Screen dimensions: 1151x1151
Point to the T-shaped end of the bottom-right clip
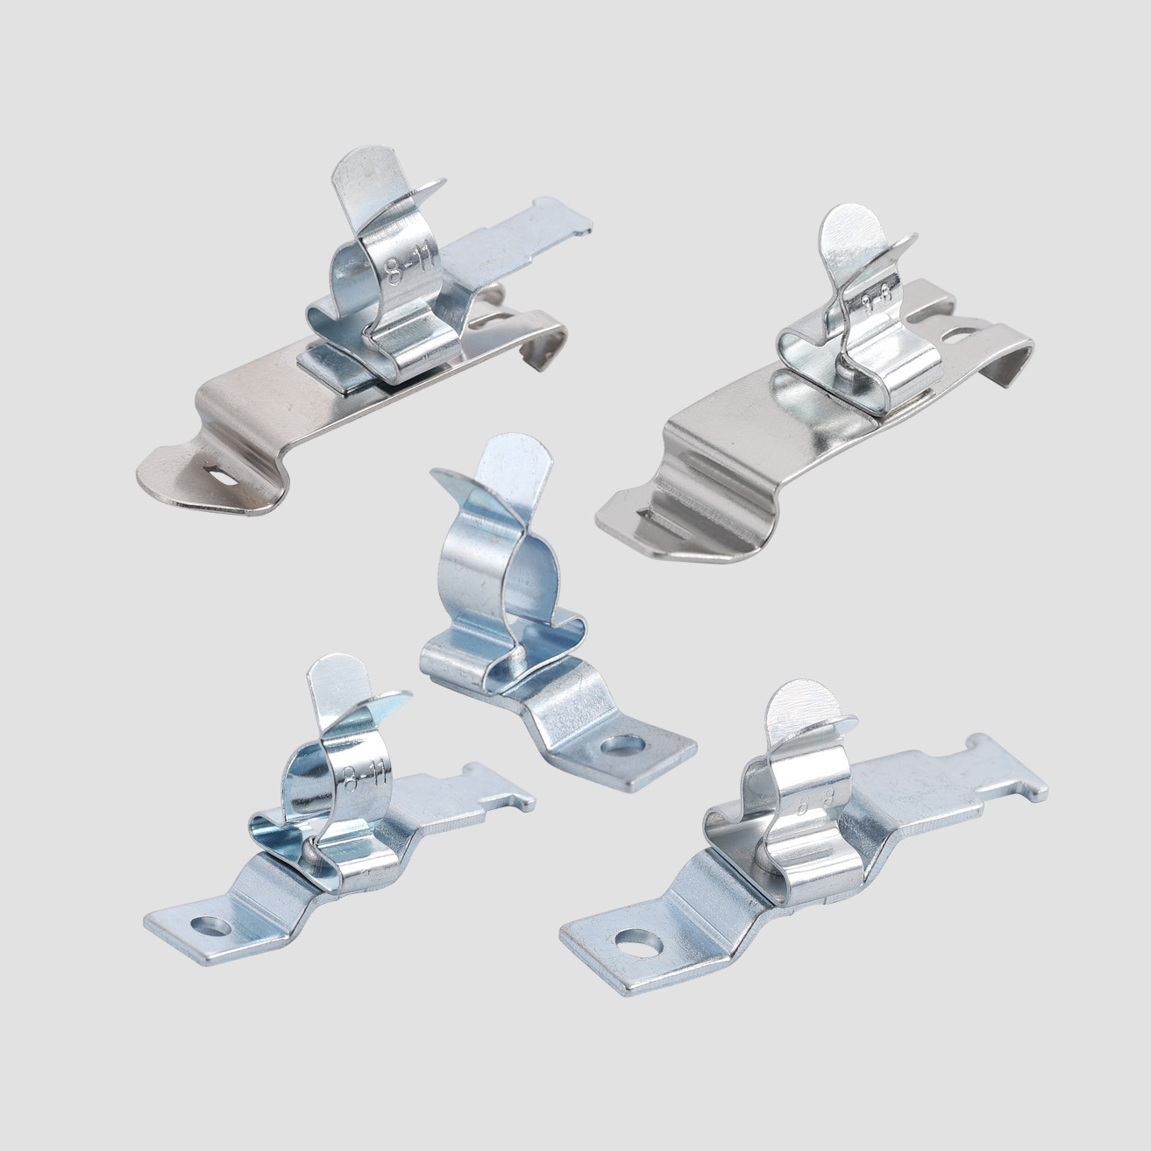1008,771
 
